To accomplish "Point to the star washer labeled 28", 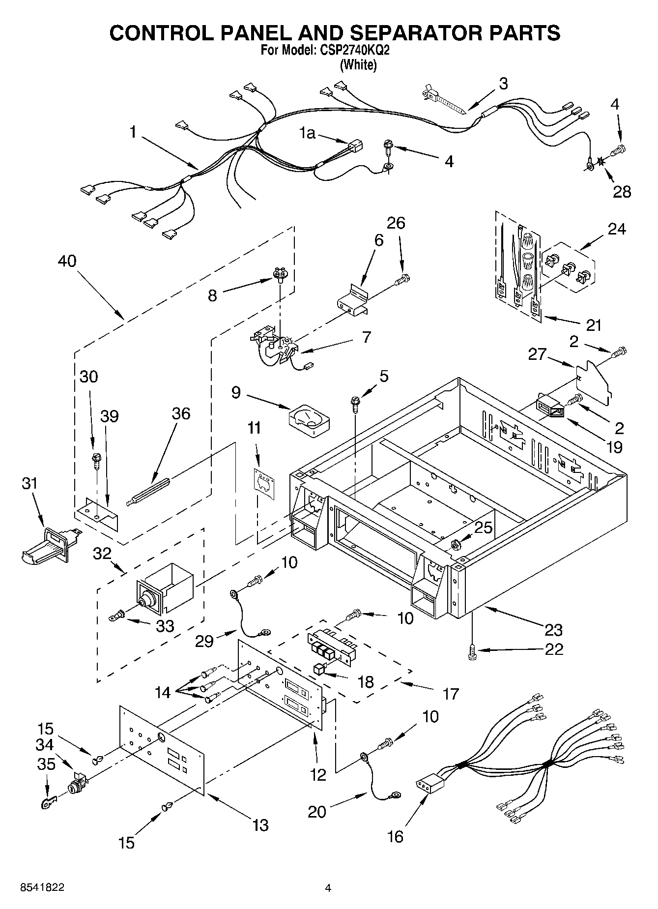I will coord(601,161).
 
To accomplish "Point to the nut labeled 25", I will coord(455,545).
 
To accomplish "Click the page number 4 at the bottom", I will coord(328,888).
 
